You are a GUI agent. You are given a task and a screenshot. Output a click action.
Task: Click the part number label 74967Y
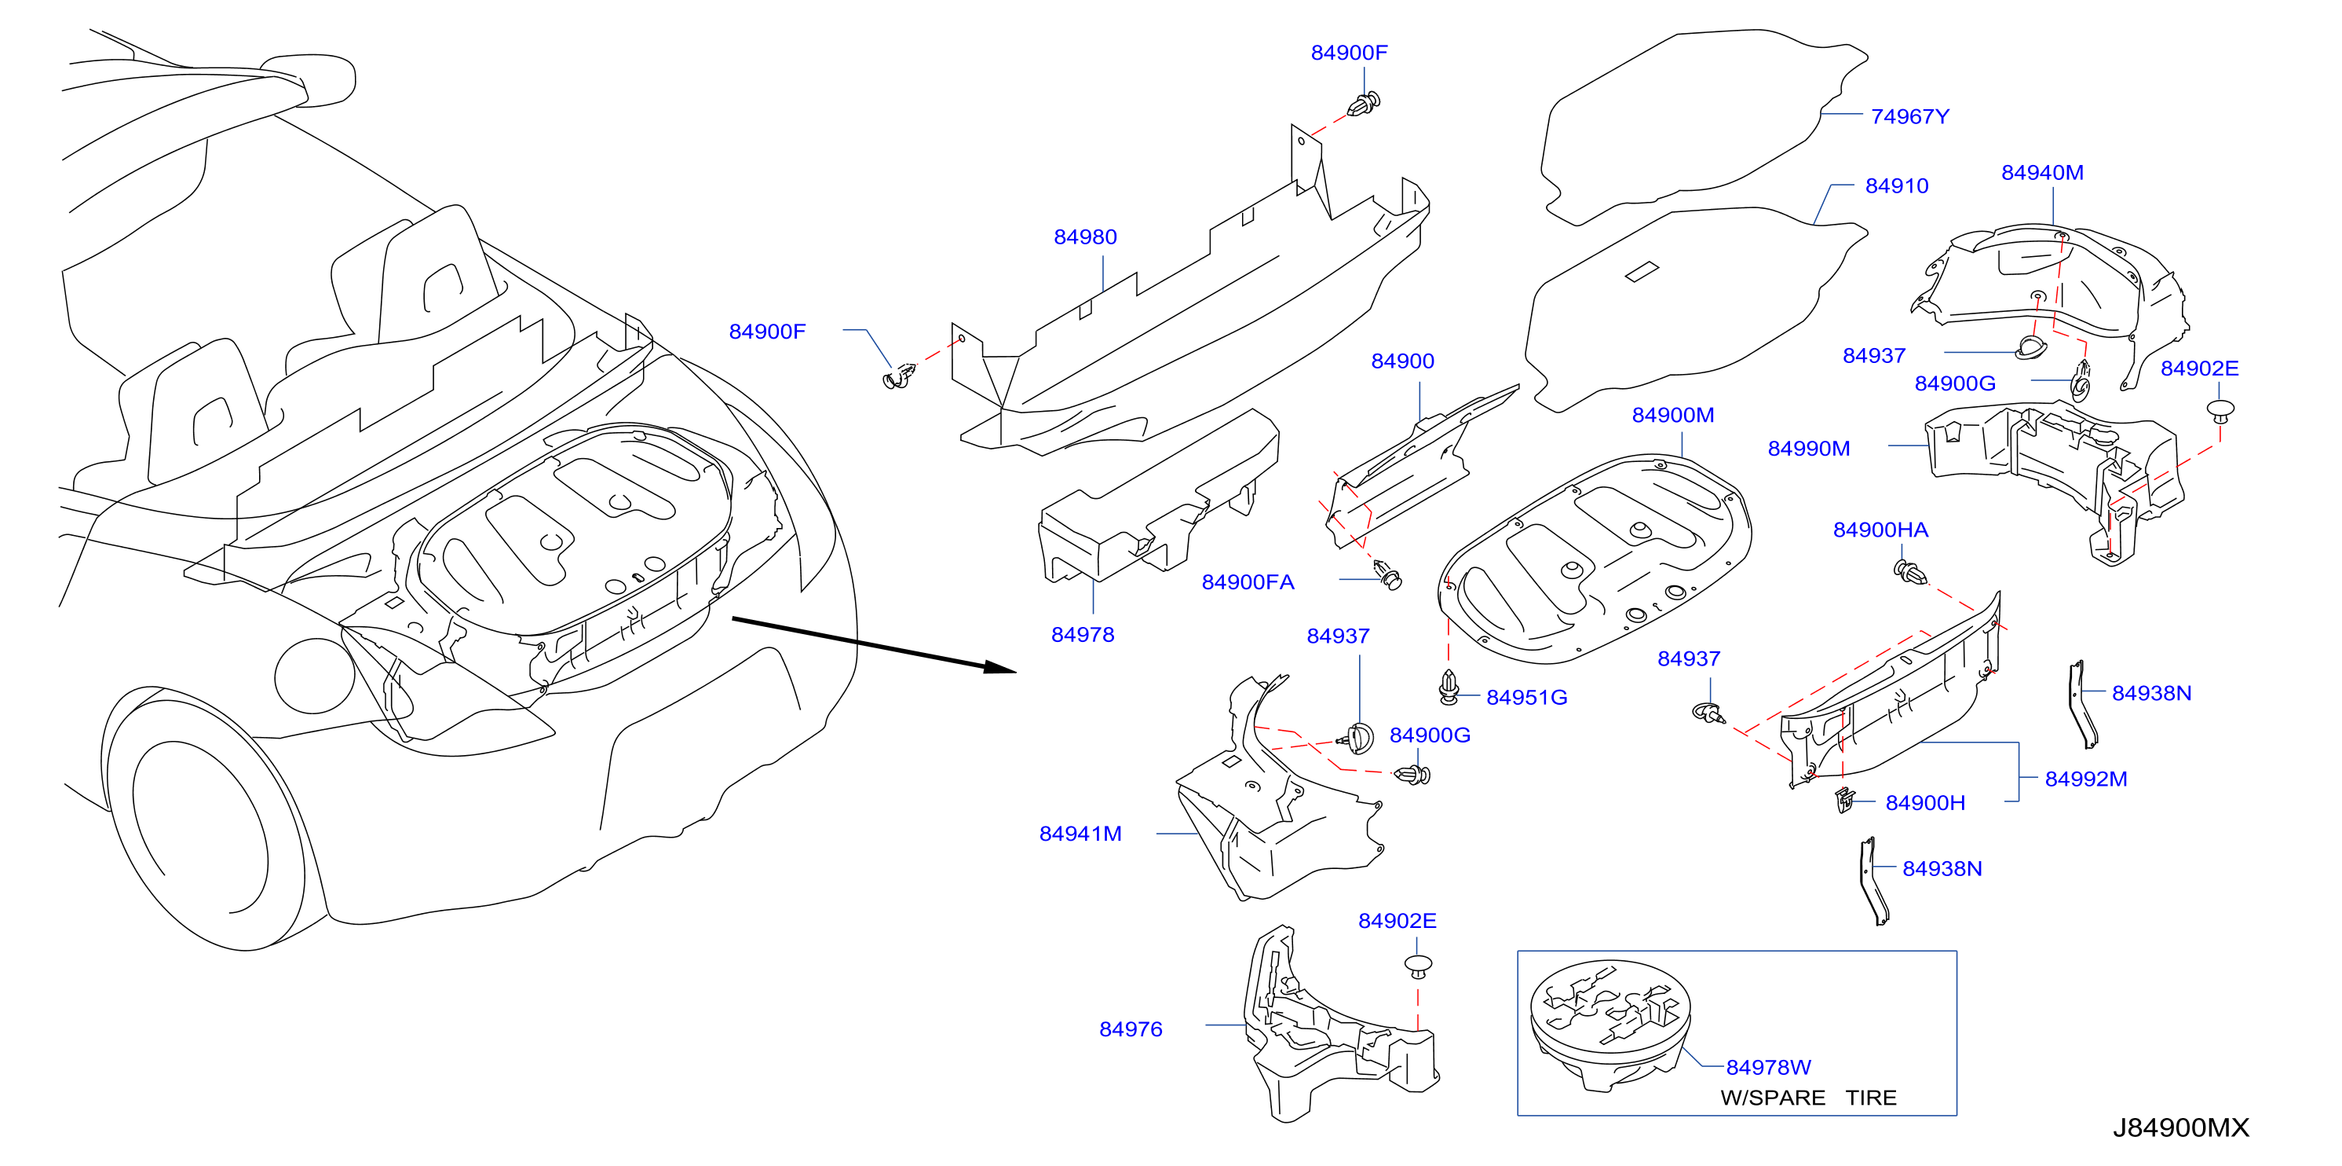click(x=1909, y=116)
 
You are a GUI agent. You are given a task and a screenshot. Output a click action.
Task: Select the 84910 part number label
click(x=1897, y=185)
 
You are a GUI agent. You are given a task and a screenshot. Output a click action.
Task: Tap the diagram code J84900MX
click(x=2180, y=1127)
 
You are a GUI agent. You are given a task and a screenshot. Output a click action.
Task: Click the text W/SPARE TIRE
click(x=1808, y=1098)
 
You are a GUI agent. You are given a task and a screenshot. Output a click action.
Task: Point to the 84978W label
click(x=1768, y=1067)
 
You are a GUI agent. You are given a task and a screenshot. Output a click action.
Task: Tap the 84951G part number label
click(x=1526, y=698)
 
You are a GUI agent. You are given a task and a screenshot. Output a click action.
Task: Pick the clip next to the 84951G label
click(x=1449, y=687)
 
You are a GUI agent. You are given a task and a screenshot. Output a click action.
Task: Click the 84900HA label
click(x=1880, y=530)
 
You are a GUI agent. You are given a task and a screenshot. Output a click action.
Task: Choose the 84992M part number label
click(x=2085, y=779)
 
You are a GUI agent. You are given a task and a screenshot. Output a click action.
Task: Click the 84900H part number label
click(x=1924, y=803)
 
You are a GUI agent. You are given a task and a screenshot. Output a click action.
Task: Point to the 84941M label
click(x=1080, y=834)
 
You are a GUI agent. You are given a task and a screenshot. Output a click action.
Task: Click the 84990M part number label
click(x=1808, y=449)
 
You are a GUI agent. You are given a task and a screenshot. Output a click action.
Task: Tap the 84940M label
click(x=2042, y=173)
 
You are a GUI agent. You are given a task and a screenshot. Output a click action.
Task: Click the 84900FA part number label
click(x=1248, y=582)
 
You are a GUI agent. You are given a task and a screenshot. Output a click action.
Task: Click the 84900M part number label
click(x=1673, y=416)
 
